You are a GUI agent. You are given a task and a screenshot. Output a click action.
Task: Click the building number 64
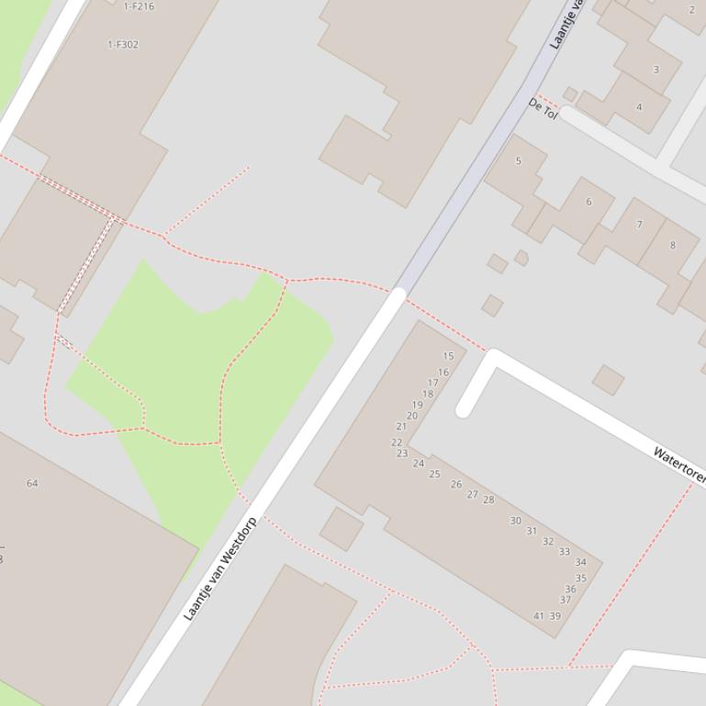pos(32,483)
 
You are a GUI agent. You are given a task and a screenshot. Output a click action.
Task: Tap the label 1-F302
pos(123,44)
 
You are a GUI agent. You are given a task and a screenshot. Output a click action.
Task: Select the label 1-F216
pos(139,6)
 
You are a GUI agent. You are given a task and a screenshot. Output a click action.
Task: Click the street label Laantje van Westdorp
pos(220,568)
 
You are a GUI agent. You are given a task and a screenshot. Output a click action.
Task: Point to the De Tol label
pos(543,109)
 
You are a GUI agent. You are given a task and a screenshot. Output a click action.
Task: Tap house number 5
pos(518,161)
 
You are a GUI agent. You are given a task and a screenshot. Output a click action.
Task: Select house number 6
pos(588,202)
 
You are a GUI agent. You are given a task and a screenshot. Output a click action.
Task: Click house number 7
pos(639,224)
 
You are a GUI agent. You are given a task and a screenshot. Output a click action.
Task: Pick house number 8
pos(672,245)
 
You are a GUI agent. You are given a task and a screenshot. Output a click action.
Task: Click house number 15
pos(448,356)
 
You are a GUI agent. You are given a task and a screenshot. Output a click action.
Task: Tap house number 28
pos(488,500)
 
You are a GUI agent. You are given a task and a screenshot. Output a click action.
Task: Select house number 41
pos(539,616)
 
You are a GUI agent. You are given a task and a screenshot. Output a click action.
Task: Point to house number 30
pos(515,521)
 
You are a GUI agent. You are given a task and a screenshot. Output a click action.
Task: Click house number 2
pos(691,10)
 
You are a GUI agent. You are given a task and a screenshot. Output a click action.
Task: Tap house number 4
pos(639,106)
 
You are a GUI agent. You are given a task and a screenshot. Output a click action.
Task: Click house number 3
pos(656,70)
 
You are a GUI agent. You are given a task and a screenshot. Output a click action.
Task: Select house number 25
pos(434,474)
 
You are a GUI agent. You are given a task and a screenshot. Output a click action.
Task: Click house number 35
pos(581,579)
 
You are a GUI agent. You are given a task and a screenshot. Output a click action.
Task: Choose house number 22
pos(397,442)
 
